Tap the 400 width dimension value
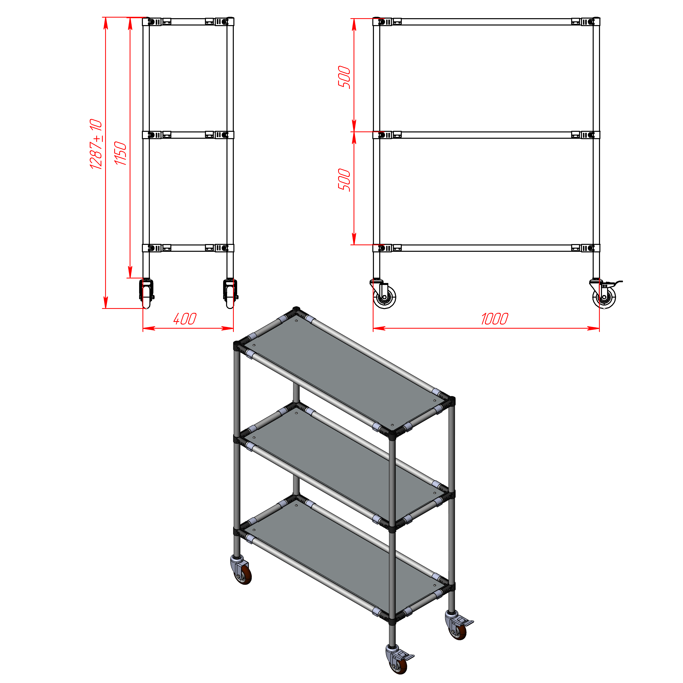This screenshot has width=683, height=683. (185, 319)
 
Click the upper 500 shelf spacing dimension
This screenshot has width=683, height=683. (344, 77)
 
